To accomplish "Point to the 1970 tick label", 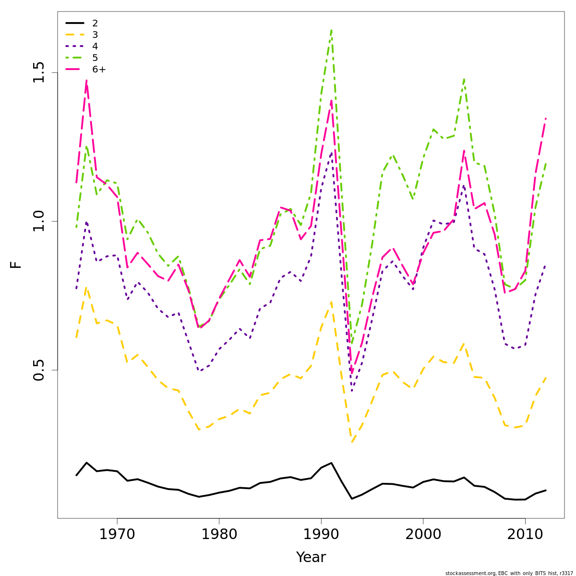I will pyautogui.click(x=117, y=534).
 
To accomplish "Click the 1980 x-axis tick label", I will pyautogui.click(x=219, y=534).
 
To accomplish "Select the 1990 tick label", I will pyautogui.click(x=321, y=534).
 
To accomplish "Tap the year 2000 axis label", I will pyautogui.click(x=423, y=534).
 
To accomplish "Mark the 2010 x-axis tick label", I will pyautogui.click(x=525, y=534).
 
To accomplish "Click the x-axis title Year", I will pyautogui.click(x=311, y=557).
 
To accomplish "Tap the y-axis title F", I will pyautogui.click(x=16, y=264).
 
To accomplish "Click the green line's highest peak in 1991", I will pyautogui.click(x=331, y=30).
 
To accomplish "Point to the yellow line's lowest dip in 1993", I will pyautogui.click(x=352, y=442).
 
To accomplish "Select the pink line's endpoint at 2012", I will pyautogui.click(x=546, y=118).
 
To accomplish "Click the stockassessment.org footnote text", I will pyautogui.click(x=509, y=573).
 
